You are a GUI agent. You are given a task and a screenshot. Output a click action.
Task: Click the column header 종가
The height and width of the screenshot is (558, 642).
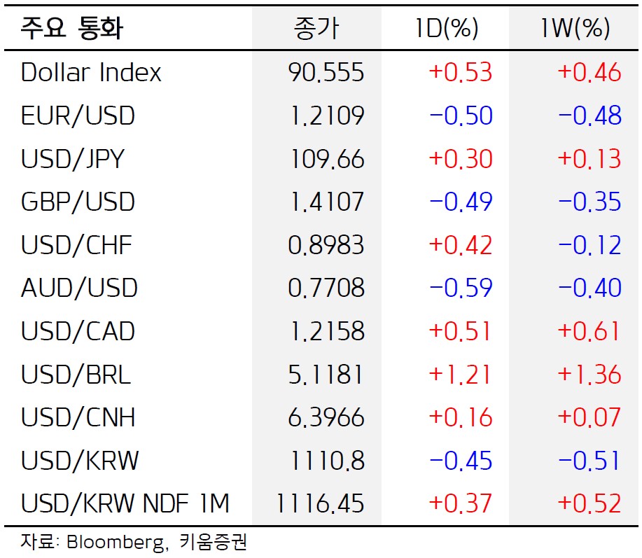[x=316, y=29]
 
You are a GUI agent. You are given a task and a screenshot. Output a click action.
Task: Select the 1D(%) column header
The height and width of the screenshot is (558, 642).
[x=446, y=28]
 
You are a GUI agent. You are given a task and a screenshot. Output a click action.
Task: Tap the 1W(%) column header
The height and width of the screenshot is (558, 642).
[x=575, y=28]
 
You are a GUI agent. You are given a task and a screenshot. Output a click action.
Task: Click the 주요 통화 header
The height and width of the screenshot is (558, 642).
[x=71, y=28]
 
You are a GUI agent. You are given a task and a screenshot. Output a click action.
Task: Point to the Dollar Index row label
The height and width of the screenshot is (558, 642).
[x=91, y=72]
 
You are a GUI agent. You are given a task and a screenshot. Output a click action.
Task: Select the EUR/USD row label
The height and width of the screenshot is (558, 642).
[x=78, y=116]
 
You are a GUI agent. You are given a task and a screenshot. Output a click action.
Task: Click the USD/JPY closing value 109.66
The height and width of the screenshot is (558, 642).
[x=327, y=159]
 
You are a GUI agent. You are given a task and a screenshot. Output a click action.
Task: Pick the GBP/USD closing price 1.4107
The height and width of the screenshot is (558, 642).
[x=327, y=202]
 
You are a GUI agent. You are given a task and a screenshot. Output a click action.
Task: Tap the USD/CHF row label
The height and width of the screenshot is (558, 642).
[x=76, y=245]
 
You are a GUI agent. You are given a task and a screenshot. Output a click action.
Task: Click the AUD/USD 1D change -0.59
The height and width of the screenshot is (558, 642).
[x=461, y=288]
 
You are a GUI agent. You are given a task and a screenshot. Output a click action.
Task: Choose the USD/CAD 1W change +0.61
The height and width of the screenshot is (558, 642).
[x=588, y=331]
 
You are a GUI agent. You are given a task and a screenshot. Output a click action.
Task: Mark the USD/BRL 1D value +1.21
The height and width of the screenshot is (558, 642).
[x=459, y=374]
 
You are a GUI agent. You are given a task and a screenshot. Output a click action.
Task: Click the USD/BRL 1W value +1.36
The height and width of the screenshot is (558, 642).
[x=589, y=374]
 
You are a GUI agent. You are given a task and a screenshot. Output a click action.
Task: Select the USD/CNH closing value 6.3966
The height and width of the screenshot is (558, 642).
[x=326, y=417]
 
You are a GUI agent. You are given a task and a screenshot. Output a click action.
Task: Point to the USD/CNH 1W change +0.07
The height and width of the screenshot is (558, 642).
[x=589, y=417]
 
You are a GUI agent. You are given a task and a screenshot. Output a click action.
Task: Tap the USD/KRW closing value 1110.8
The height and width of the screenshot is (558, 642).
[x=327, y=461]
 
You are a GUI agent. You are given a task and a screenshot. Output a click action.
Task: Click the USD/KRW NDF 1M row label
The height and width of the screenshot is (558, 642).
[x=125, y=503]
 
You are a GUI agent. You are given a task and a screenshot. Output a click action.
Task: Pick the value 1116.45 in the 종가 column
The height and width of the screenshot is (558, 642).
[x=320, y=503]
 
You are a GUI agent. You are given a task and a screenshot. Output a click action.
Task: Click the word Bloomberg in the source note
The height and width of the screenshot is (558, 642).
[x=117, y=543]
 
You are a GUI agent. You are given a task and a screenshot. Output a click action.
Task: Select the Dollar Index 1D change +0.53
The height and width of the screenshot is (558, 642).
[x=460, y=72]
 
